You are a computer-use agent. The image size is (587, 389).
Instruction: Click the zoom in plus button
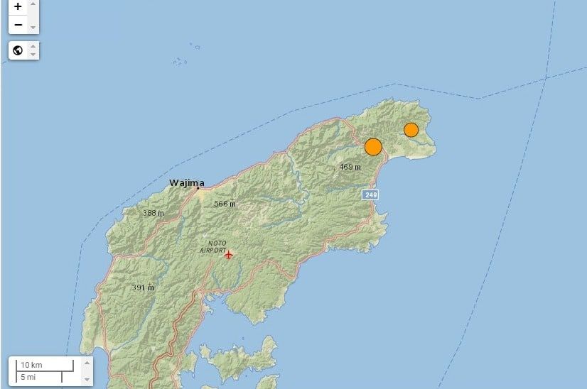(18, 6)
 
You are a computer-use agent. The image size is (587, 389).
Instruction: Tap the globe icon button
(18, 50)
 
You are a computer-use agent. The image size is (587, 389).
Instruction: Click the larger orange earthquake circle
(373, 147)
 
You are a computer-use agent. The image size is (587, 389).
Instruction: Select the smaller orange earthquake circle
(411, 130)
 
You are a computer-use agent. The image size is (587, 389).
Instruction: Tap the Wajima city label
(187, 182)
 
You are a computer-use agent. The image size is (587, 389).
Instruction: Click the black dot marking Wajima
(198, 188)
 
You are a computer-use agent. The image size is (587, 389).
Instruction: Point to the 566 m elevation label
(225, 204)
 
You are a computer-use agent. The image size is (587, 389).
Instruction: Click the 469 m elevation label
(350, 168)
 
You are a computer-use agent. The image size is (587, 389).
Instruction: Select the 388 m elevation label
(153, 213)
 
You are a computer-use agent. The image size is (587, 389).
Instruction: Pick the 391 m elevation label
(143, 287)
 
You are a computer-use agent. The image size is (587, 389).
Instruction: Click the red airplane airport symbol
(228, 254)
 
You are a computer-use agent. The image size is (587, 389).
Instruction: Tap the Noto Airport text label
(212, 246)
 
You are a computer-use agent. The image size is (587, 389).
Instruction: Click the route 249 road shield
(370, 194)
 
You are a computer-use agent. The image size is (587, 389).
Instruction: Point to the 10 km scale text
(32, 365)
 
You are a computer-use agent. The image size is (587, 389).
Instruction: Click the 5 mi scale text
(28, 376)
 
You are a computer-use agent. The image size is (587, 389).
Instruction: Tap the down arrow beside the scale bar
(87, 379)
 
